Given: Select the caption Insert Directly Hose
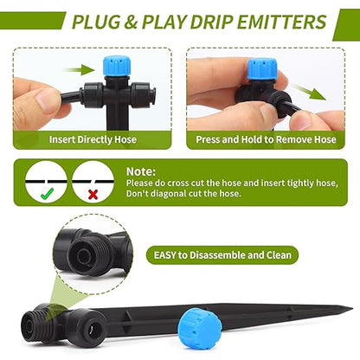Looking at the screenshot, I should click(91, 137).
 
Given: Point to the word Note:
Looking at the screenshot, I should click(142, 171).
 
